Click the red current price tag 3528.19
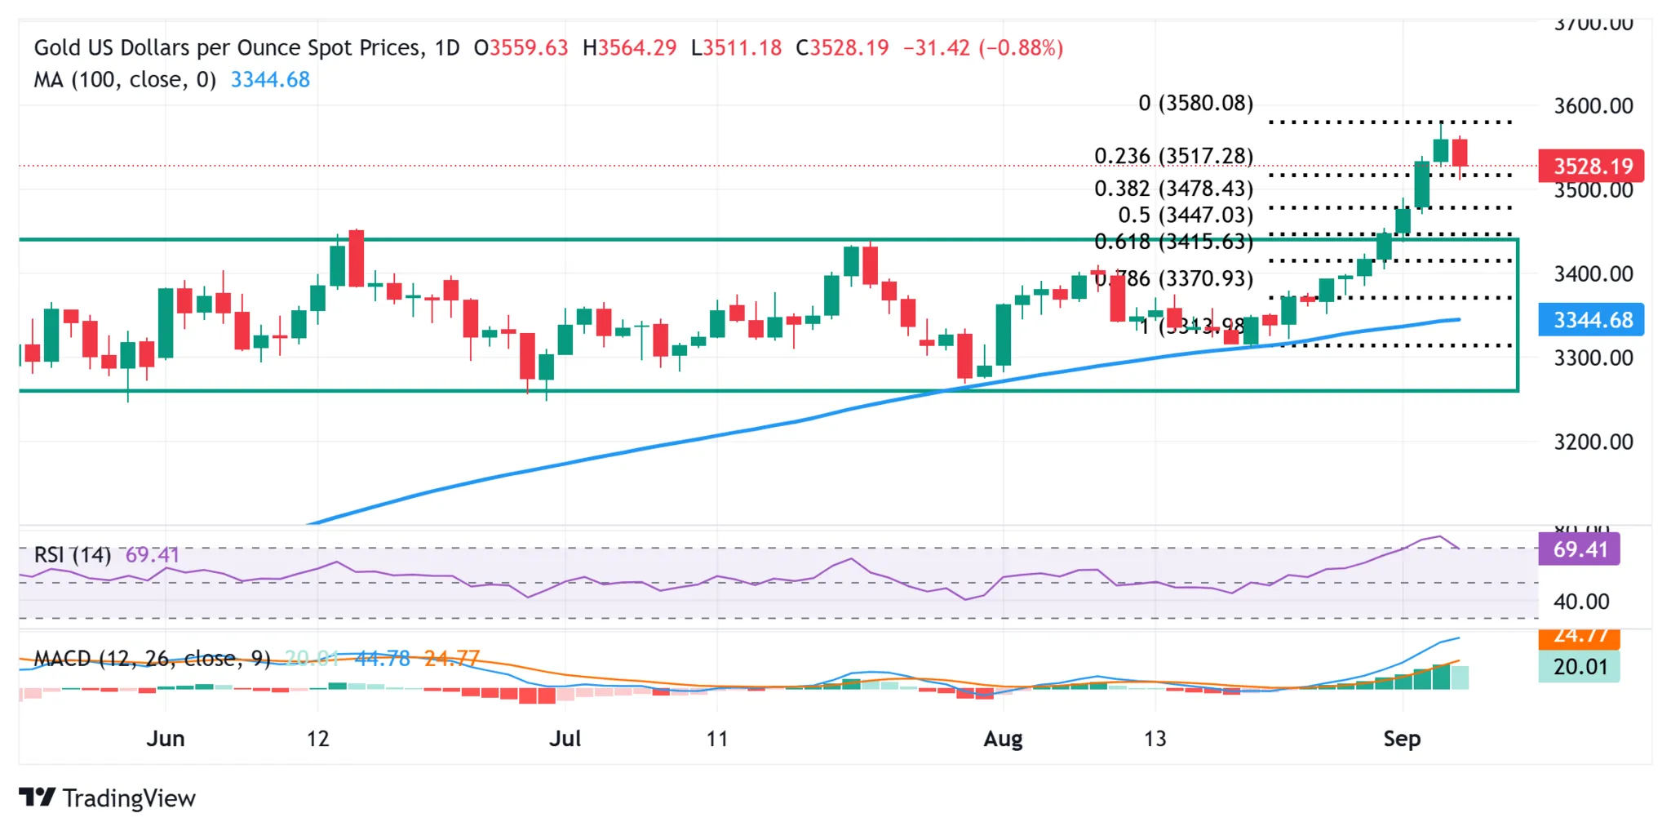(1590, 167)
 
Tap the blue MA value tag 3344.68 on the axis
(1590, 320)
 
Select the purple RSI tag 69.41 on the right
(1579, 549)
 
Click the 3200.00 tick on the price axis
(1593, 442)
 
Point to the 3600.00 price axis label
(1593, 106)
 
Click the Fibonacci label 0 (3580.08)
(1195, 104)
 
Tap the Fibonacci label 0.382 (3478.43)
(1173, 189)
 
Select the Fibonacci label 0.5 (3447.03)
(1185, 216)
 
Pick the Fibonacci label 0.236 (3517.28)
(1173, 156)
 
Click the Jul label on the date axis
(565, 739)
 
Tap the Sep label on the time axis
(1402, 739)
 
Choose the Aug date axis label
(1003, 739)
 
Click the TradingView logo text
(128, 798)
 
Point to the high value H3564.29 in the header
(629, 48)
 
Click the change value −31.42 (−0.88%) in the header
(982, 48)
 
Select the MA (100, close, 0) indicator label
(125, 80)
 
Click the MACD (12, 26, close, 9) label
(152, 659)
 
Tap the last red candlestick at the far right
(1460, 153)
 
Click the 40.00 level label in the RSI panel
(1580, 602)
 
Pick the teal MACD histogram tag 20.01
(1579, 667)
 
